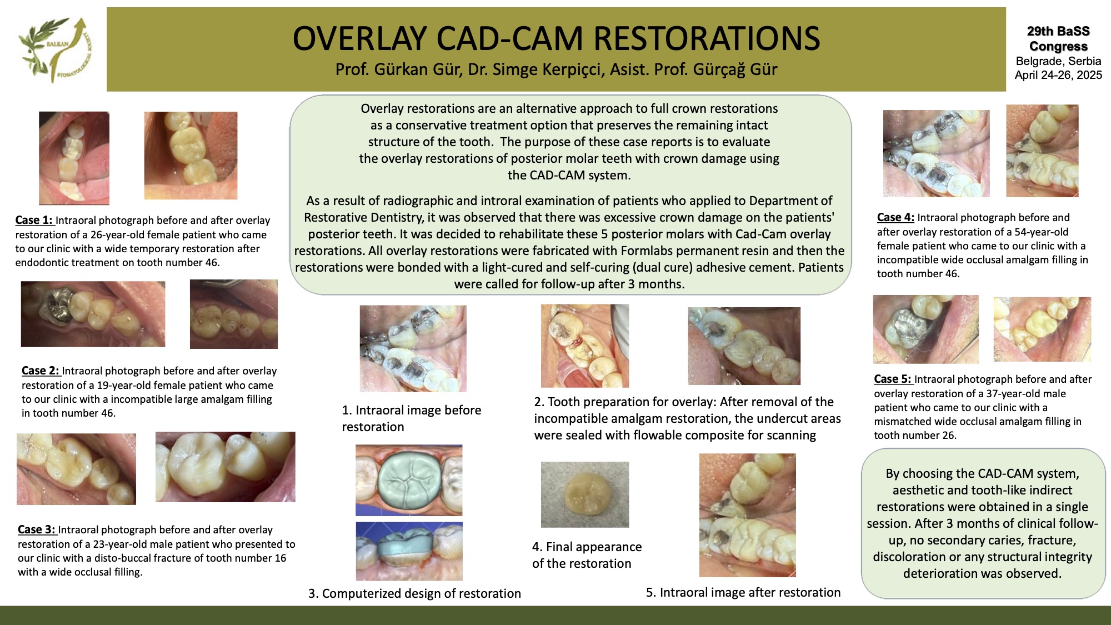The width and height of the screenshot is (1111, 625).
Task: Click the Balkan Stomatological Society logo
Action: (x=54, y=49)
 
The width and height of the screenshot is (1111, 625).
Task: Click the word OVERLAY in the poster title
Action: (x=361, y=39)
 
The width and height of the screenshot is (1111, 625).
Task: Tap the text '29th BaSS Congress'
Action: (x=1058, y=39)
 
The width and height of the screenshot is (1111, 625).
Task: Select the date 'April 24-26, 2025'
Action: (x=1058, y=75)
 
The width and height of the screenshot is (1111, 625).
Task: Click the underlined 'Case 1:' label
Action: (x=34, y=220)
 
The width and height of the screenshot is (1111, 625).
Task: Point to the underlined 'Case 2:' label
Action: (x=41, y=371)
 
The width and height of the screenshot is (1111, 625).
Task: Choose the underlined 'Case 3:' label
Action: (x=37, y=529)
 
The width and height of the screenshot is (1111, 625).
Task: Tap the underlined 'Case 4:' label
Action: (x=895, y=217)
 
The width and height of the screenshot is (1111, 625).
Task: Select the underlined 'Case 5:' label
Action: (x=893, y=379)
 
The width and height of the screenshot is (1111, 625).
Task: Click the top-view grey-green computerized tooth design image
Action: (x=409, y=480)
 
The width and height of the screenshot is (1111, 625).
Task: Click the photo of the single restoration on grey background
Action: (x=585, y=494)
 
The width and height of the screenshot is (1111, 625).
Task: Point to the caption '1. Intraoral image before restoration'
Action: (x=412, y=418)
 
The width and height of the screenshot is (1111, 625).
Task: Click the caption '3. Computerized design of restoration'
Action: (x=414, y=593)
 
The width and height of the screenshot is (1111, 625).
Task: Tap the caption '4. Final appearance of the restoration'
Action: (x=587, y=555)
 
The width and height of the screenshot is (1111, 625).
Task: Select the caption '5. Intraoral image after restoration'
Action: (x=743, y=592)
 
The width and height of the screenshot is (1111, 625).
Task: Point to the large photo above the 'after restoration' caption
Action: (x=747, y=515)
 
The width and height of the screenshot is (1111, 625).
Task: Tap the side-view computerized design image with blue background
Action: (x=409, y=551)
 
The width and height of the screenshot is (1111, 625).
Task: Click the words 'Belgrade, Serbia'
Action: (x=1058, y=61)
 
